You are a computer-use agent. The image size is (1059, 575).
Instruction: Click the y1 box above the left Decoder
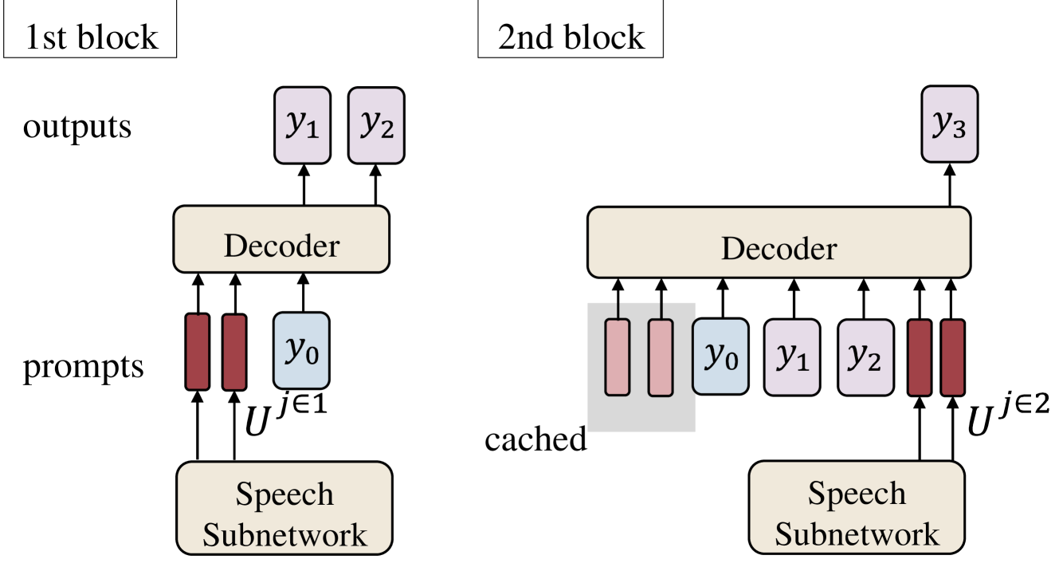tap(302, 125)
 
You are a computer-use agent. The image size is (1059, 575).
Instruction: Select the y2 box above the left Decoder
tap(376, 125)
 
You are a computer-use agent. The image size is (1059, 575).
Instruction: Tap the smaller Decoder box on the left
tap(281, 239)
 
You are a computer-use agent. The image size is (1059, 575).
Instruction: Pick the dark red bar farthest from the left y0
tap(198, 352)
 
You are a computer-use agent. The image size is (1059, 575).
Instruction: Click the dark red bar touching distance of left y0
tap(234, 352)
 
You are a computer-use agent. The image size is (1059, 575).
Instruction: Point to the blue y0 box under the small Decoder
tap(301, 351)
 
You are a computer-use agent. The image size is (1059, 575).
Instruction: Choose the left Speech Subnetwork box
tap(284, 508)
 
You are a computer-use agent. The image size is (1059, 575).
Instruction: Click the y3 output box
tap(949, 124)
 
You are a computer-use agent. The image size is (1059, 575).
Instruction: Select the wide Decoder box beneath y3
tap(779, 242)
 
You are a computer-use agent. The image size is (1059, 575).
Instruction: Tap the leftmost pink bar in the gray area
tap(618, 357)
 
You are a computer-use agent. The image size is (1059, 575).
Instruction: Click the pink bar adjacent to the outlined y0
tap(661, 357)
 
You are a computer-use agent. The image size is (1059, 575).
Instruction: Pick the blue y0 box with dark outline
tap(720, 356)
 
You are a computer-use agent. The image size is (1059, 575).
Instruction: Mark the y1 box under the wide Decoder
tap(792, 357)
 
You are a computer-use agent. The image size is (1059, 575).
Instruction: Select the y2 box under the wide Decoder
tap(865, 357)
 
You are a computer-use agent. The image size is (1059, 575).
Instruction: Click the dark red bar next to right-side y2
tap(920, 357)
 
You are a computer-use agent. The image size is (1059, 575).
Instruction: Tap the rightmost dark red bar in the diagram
tap(953, 357)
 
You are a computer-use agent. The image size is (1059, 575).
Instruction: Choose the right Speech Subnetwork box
tap(857, 507)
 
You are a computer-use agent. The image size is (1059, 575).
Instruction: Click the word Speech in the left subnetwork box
tap(284, 494)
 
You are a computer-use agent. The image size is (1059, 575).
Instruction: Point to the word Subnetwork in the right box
tap(857, 534)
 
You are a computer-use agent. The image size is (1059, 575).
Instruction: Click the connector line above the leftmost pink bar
tap(618, 310)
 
